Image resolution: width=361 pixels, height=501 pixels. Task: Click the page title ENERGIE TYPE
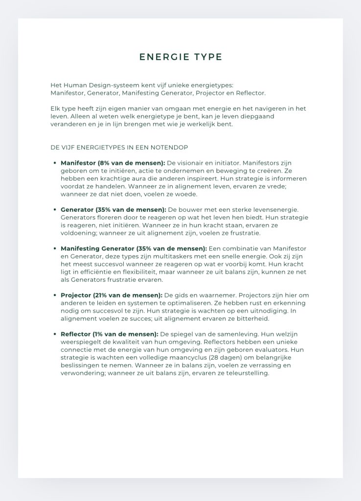tap(180, 57)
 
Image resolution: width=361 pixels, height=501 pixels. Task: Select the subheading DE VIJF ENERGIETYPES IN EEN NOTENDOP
tap(119, 147)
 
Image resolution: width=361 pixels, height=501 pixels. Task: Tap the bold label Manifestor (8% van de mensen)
tap(113, 163)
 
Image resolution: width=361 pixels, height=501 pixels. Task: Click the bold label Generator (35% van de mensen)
tap(113, 209)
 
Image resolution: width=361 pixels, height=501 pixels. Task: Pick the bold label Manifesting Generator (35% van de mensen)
tap(134, 249)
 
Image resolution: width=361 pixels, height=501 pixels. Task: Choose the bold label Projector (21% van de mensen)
tap(111, 295)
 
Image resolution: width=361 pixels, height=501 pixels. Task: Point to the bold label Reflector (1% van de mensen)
tap(109, 334)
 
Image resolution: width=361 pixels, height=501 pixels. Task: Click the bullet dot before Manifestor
tap(54, 163)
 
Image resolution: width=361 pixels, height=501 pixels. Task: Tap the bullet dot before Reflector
tap(54, 334)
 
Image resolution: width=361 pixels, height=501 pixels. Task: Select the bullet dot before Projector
tap(54, 295)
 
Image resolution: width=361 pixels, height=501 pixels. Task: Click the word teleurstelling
tap(245, 373)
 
